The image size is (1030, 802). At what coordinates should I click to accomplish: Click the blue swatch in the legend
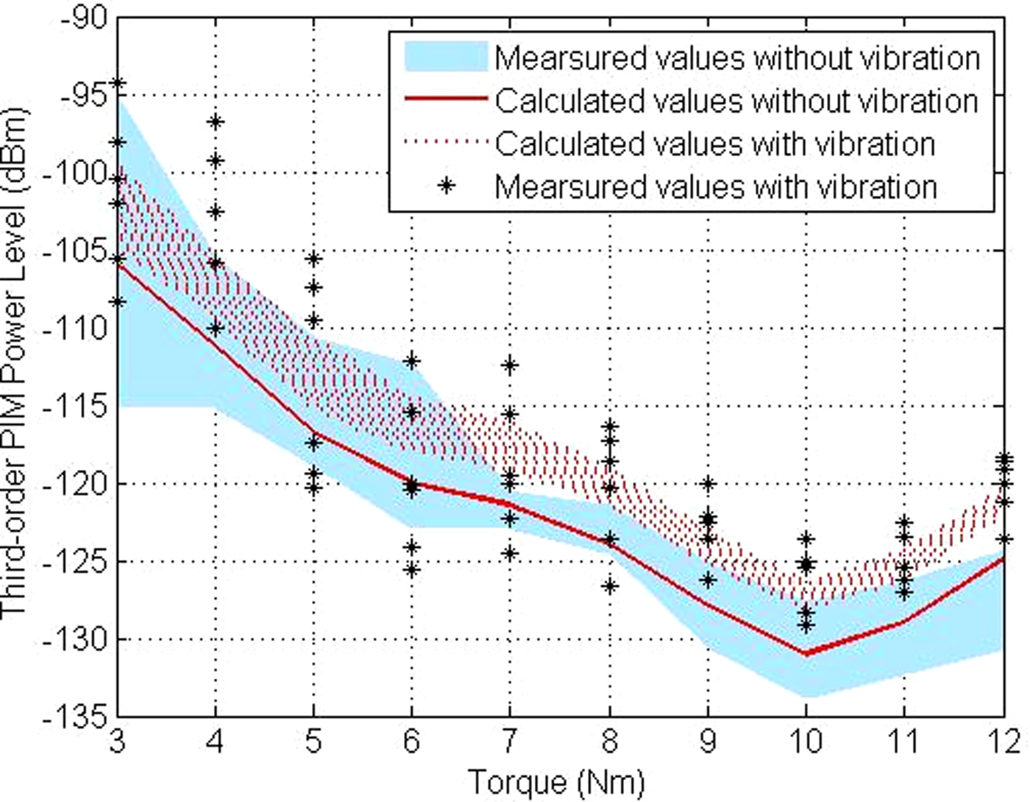pos(446,57)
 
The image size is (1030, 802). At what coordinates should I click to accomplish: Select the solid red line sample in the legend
pos(446,99)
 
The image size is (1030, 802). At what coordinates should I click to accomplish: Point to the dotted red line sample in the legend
pos(446,142)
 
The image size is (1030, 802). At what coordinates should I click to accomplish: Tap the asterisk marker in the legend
pos(446,186)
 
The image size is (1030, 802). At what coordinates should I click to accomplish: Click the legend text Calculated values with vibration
pos(714,143)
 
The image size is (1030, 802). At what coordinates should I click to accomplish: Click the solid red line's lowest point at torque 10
pos(806,653)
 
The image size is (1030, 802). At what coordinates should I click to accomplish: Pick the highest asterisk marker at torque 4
pos(216,122)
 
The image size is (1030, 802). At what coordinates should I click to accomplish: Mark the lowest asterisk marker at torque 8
pos(609,586)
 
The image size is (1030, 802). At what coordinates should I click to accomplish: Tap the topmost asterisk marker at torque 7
pos(510,365)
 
